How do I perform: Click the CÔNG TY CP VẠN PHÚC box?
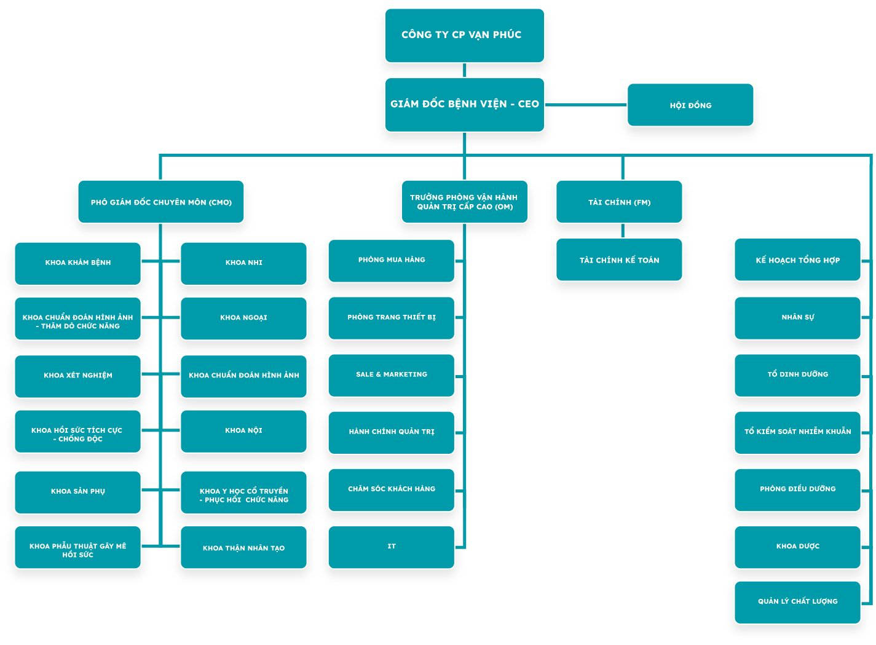(464, 35)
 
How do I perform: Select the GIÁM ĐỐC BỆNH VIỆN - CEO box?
(464, 104)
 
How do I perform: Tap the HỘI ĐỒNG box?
(690, 105)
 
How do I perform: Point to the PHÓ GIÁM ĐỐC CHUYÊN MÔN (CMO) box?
(161, 202)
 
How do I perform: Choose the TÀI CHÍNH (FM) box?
(619, 202)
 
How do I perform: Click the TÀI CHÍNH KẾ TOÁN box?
(619, 259)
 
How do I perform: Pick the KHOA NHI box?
(243, 263)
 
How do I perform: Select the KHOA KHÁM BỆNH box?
(77, 263)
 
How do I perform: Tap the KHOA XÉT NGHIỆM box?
(77, 375)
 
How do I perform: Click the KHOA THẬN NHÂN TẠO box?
(243, 547)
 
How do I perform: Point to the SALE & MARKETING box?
(391, 374)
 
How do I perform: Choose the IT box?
(391, 547)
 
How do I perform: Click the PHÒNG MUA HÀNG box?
(391, 260)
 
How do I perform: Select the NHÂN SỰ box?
(797, 317)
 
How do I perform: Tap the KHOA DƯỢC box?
(797, 546)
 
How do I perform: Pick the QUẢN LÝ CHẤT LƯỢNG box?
(797, 601)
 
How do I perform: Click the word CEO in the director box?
(528, 104)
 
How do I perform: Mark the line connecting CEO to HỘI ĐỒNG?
(585, 105)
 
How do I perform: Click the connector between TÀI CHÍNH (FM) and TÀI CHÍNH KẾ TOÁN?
(623, 231)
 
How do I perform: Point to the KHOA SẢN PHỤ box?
(77, 491)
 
